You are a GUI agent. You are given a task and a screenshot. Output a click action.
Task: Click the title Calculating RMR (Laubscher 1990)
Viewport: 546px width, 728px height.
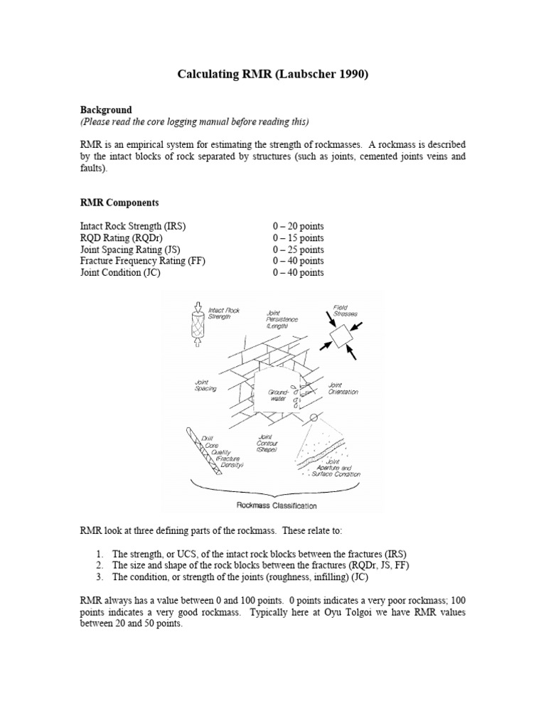pyautogui.click(x=273, y=75)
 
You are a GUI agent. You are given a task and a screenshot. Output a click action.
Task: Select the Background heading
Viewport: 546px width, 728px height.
pyautogui.click(x=105, y=110)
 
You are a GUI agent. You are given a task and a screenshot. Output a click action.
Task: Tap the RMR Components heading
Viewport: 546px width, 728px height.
pyautogui.click(x=119, y=203)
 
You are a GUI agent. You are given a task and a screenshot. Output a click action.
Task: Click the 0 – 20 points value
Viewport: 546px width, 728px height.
pyautogui.click(x=298, y=226)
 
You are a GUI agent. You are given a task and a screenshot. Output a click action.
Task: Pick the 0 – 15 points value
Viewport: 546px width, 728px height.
pyautogui.click(x=298, y=238)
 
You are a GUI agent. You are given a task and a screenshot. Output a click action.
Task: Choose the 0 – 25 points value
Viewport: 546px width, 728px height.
pyautogui.click(x=298, y=250)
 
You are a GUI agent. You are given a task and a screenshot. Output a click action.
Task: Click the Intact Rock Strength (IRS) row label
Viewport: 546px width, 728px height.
pyautogui.click(x=133, y=226)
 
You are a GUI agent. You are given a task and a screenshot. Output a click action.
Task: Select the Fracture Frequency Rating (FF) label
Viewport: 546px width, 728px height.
pyautogui.click(x=142, y=261)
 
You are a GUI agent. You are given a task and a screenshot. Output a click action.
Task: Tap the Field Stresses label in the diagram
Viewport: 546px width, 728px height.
pyautogui.click(x=345, y=311)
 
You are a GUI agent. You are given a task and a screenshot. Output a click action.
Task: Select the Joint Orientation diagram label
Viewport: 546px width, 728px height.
pyautogui.click(x=343, y=388)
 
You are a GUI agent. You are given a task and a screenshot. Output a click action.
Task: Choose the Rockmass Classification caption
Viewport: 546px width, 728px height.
pyautogui.click(x=277, y=506)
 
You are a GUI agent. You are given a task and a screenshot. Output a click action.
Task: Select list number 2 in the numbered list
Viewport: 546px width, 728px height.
pyautogui.click(x=100, y=565)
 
